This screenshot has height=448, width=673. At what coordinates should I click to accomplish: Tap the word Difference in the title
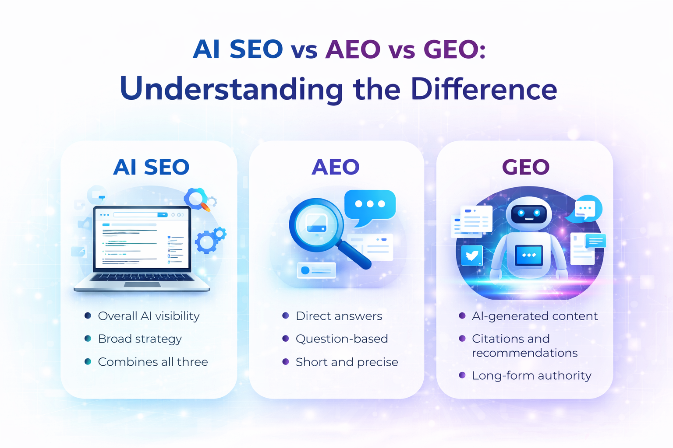[484, 89]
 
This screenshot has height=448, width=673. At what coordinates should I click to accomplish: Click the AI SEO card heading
[151, 167]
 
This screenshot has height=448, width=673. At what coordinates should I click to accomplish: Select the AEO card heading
[336, 167]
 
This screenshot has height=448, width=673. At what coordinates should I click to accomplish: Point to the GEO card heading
[525, 167]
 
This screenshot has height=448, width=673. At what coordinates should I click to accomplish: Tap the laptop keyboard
[142, 277]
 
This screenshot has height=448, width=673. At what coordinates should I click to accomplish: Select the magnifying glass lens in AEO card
[316, 224]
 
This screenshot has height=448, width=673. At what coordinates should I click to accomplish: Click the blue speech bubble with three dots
[370, 205]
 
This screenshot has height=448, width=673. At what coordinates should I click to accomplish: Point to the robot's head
[529, 213]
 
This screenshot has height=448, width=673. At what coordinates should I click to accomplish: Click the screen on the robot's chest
[529, 255]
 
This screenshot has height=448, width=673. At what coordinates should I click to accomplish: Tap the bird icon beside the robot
[472, 255]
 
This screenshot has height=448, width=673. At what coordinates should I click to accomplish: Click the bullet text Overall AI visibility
[149, 316]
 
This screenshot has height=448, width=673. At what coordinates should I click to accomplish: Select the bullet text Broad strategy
[140, 339]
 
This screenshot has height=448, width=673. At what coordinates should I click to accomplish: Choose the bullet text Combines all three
[153, 362]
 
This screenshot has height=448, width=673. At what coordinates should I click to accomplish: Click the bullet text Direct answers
[339, 316]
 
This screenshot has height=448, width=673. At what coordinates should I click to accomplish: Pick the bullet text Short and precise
[347, 362]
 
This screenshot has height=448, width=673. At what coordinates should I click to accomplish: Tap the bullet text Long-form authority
[531, 375]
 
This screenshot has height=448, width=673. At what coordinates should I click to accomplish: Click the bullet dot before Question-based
[286, 339]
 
